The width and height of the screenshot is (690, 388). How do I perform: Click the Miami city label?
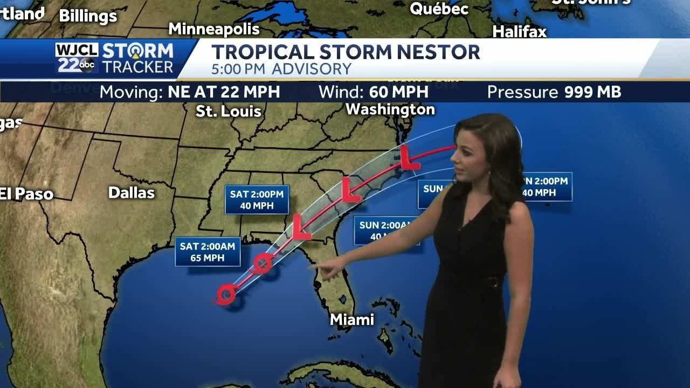click(x=352, y=320)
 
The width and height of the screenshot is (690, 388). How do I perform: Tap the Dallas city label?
click(x=132, y=193)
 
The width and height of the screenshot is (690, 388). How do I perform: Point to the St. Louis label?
click(x=229, y=112)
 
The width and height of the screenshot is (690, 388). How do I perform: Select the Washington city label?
click(x=390, y=109)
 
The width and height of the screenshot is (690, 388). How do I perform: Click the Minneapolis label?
click(x=214, y=29)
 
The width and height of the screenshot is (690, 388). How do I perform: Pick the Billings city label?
click(x=88, y=16)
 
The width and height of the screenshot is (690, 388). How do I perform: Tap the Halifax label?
click(x=520, y=32)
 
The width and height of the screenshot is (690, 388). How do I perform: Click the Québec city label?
click(x=439, y=9)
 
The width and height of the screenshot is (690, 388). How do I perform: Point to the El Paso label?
click(x=27, y=194)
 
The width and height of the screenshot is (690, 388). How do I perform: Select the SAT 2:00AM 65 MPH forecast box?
click(x=208, y=252)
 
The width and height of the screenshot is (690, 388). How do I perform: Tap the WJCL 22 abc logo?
click(x=77, y=58)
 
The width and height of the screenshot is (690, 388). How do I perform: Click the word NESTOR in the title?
click(x=429, y=53)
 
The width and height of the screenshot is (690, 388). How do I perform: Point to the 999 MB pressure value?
click(x=592, y=92)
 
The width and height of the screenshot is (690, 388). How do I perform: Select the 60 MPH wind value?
click(x=399, y=92)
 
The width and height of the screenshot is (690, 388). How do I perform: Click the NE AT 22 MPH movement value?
click(x=224, y=92)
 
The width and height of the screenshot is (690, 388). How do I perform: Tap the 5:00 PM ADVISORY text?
click(x=281, y=69)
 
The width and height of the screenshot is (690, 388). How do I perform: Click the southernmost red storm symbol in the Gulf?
click(x=226, y=294)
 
